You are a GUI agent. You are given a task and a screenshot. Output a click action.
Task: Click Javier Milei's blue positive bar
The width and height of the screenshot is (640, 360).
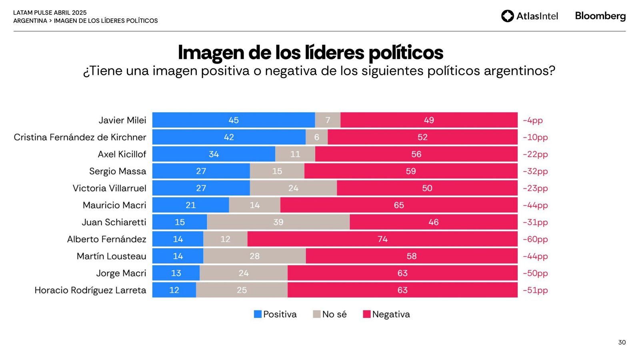coord(234,120)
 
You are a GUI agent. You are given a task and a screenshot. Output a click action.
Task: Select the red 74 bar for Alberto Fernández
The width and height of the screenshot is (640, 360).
coord(382,239)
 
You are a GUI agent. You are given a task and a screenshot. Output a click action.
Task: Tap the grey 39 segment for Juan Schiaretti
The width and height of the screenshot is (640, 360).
coord(278,222)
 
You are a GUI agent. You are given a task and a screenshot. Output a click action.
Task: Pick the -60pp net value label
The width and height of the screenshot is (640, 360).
coord(535,239)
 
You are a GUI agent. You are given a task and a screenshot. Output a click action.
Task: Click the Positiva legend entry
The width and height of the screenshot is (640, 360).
coord(275,314)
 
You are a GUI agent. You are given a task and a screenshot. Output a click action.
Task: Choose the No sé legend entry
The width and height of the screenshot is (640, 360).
coord(330,314)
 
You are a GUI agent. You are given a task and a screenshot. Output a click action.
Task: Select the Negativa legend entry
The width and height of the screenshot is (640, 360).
coord(386,314)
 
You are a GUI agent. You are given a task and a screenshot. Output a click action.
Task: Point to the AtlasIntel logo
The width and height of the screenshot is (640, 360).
coord(529,16)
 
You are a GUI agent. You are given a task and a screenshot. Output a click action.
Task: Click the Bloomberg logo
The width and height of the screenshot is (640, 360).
coord(600,16)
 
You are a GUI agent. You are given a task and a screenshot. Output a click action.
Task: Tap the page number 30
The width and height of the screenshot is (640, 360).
coord(622,342)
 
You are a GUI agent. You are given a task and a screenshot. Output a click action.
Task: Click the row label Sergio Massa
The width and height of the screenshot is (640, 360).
coord(118,171)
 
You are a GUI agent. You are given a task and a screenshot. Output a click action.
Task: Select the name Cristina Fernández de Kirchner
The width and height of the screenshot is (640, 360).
coord(80,137)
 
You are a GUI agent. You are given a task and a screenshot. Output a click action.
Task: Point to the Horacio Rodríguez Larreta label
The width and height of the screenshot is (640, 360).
coord(90,290)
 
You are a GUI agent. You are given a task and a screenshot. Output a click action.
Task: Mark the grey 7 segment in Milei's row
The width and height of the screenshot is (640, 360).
coord(328,120)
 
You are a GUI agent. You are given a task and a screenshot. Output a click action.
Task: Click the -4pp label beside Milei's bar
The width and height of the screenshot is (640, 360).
coord(533,120)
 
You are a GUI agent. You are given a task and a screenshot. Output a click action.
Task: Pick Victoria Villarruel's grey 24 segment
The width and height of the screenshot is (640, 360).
coord(293,188)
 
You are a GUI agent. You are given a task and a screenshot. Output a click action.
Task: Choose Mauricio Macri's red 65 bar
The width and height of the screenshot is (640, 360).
coord(399,205)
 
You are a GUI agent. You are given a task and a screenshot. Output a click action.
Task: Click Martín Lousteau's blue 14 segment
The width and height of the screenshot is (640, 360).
coord(178,256)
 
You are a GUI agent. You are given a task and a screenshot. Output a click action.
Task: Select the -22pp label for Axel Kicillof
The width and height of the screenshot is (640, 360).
coord(535,154)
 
